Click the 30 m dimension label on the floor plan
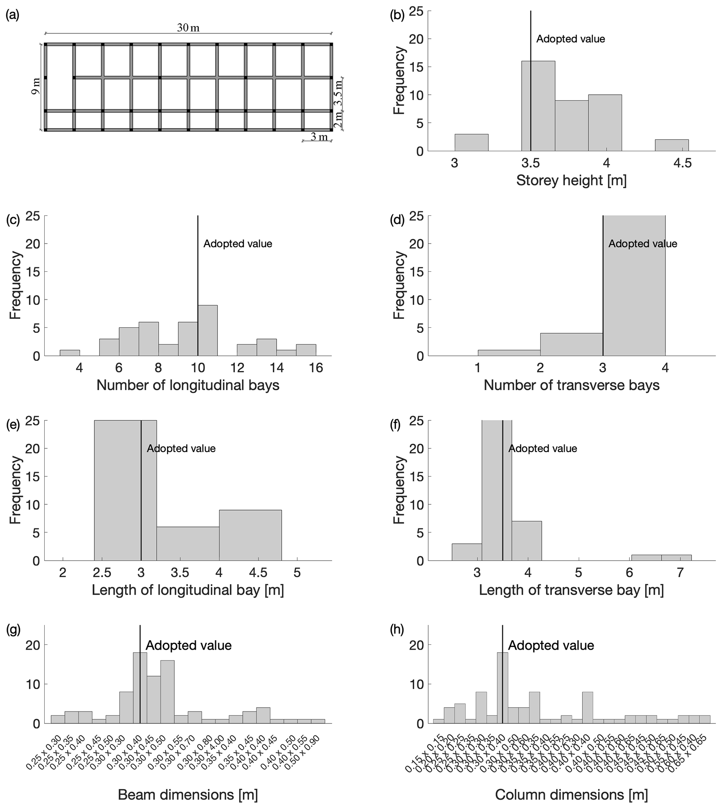[188, 28]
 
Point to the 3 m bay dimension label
[319, 137]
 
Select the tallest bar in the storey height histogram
[538, 106]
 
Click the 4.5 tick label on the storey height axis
[682, 163]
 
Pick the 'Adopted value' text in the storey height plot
[570, 39]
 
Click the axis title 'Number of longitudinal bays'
[188, 385]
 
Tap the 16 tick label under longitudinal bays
[316, 368]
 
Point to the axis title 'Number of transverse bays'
[571, 385]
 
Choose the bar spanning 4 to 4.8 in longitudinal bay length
[250, 535]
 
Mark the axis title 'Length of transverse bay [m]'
[571, 590]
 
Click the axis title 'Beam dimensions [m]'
[188, 795]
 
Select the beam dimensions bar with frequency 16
[167, 692]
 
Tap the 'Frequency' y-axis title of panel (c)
[15, 285]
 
